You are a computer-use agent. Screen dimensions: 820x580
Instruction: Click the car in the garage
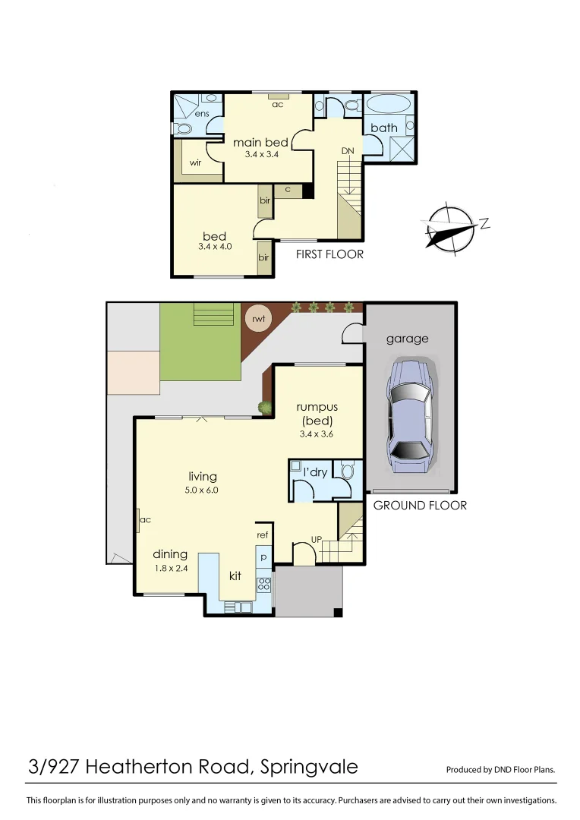tap(410, 413)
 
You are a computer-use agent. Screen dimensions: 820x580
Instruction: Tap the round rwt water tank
tap(258, 319)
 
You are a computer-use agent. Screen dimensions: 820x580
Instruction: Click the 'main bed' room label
tap(260, 143)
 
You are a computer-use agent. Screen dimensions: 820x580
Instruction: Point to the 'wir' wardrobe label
tap(195, 162)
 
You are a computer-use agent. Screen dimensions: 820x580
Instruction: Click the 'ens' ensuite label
tap(201, 113)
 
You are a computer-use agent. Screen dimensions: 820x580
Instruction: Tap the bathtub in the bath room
tap(389, 104)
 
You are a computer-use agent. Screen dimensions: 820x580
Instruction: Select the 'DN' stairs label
tap(348, 151)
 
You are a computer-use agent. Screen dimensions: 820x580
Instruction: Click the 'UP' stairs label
tap(317, 540)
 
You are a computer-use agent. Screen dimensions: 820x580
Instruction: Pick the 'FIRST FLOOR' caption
tap(329, 254)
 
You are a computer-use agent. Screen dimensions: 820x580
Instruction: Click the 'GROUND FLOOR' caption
tap(420, 505)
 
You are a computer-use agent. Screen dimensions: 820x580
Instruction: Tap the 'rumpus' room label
tap(317, 407)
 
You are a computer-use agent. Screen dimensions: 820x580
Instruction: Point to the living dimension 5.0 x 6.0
tap(202, 490)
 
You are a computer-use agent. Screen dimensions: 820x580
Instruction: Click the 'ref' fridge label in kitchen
tap(263, 535)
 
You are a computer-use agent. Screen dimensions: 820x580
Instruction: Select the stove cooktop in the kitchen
tap(263, 585)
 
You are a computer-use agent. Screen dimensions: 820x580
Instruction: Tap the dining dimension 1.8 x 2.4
tap(169, 568)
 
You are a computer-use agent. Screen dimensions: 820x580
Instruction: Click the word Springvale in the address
tap(308, 767)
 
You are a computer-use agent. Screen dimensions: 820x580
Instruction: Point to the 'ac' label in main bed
tap(278, 104)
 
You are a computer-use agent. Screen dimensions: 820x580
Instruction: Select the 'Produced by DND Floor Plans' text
tap(500, 769)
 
